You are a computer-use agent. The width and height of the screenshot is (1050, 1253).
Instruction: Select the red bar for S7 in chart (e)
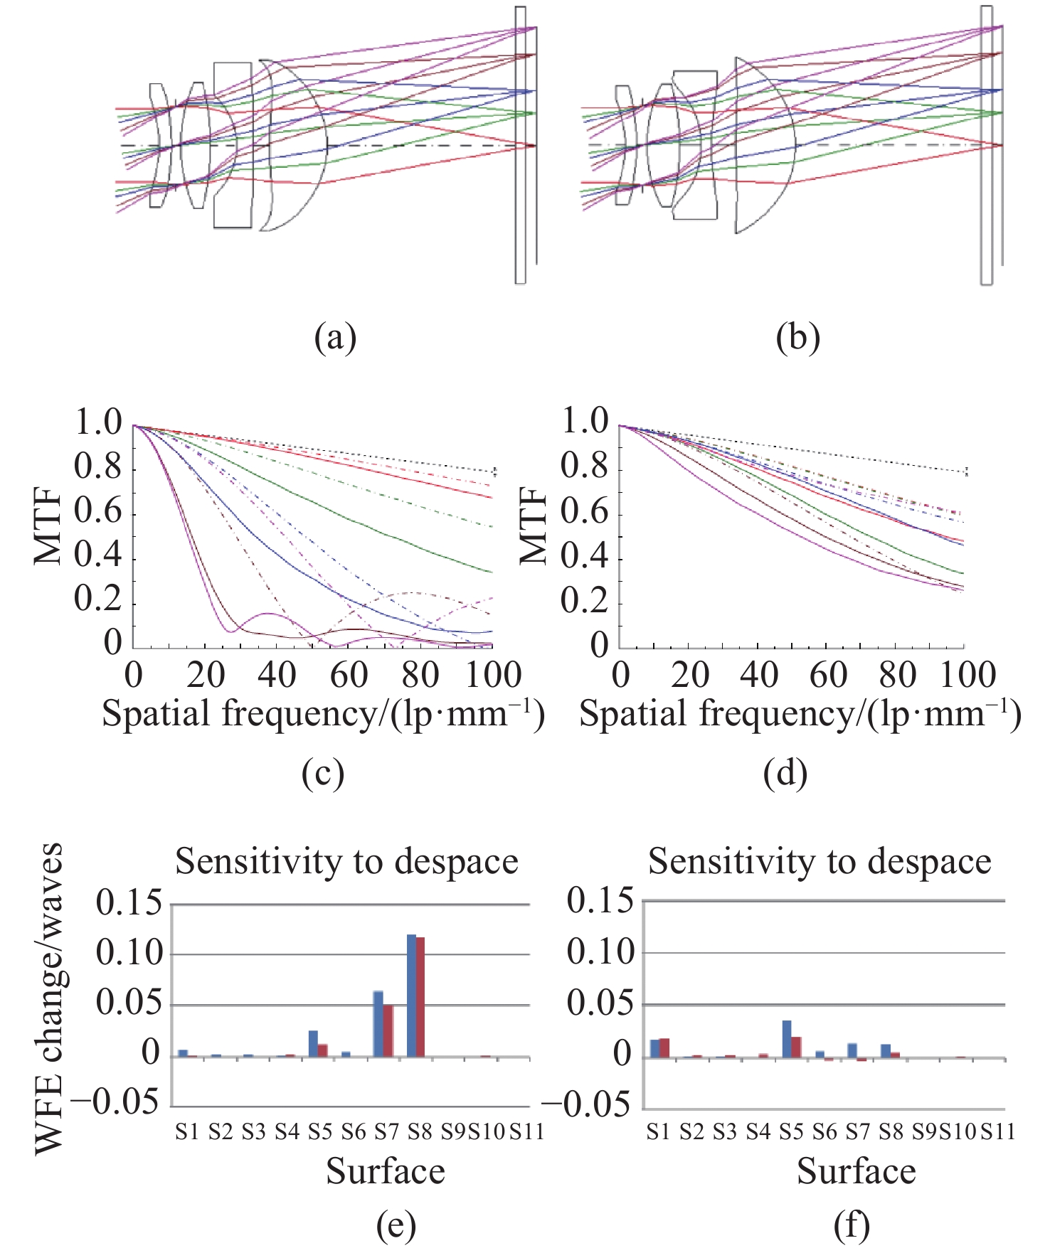[x=388, y=1030]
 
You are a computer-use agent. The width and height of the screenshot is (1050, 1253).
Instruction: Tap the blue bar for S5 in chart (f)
[x=787, y=1039]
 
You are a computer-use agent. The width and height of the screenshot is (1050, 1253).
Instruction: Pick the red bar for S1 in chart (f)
[x=664, y=1047]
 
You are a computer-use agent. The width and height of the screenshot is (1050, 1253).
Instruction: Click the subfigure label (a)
[x=335, y=337]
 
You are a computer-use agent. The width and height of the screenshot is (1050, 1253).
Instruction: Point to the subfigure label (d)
[x=785, y=774]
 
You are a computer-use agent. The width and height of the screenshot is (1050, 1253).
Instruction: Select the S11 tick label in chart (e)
[x=526, y=1131]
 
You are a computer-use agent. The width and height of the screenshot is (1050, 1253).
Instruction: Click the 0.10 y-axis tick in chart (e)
[x=129, y=954]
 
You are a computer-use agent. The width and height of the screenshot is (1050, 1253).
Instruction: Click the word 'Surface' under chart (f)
[x=856, y=1171]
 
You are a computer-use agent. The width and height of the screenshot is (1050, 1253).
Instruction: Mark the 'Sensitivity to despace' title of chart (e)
[x=346, y=862]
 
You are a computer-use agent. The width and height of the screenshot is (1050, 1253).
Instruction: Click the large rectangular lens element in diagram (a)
[x=233, y=145]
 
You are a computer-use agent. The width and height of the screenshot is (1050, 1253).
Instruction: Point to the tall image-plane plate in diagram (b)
[x=986, y=145]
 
